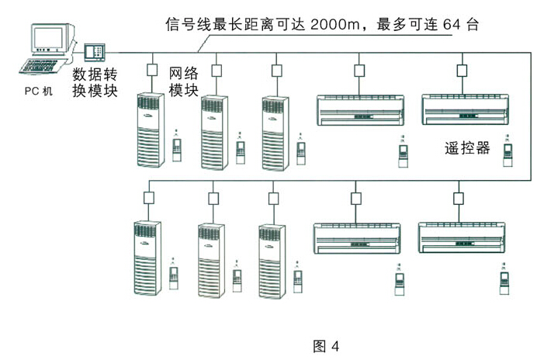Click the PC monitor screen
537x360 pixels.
click(x=46, y=38)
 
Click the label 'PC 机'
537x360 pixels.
click(x=38, y=91)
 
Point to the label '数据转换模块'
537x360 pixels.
click(x=95, y=83)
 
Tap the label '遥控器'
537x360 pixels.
click(x=469, y=148)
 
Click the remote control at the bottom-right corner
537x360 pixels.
click(x=505, y=280)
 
